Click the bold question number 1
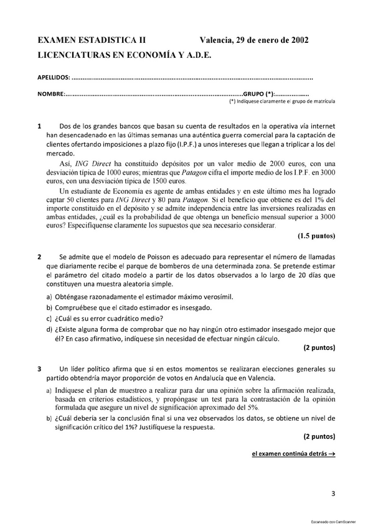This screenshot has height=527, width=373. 40,126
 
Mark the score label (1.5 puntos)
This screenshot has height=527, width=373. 316,236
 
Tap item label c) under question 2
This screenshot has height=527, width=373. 49,318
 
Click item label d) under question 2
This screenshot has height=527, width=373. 49,329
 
